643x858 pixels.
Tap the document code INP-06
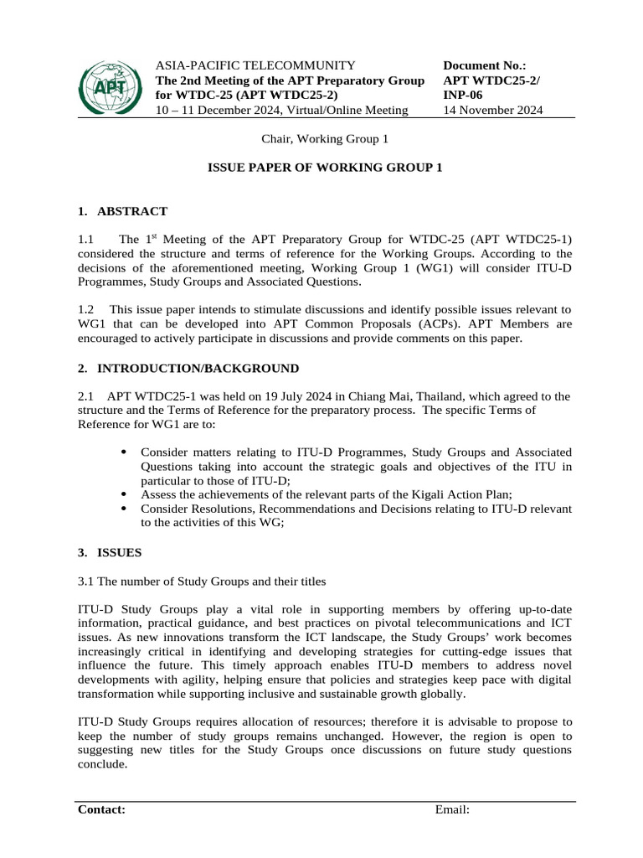462,95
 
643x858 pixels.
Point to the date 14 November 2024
492,110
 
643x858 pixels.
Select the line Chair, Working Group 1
321,138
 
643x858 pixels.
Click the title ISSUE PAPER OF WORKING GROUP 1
324,168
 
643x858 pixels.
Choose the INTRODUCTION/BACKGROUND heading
198,369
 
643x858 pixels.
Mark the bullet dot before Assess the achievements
124,494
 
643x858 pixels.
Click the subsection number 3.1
86,581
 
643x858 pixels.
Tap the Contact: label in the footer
102,809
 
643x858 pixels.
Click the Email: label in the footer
452,809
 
